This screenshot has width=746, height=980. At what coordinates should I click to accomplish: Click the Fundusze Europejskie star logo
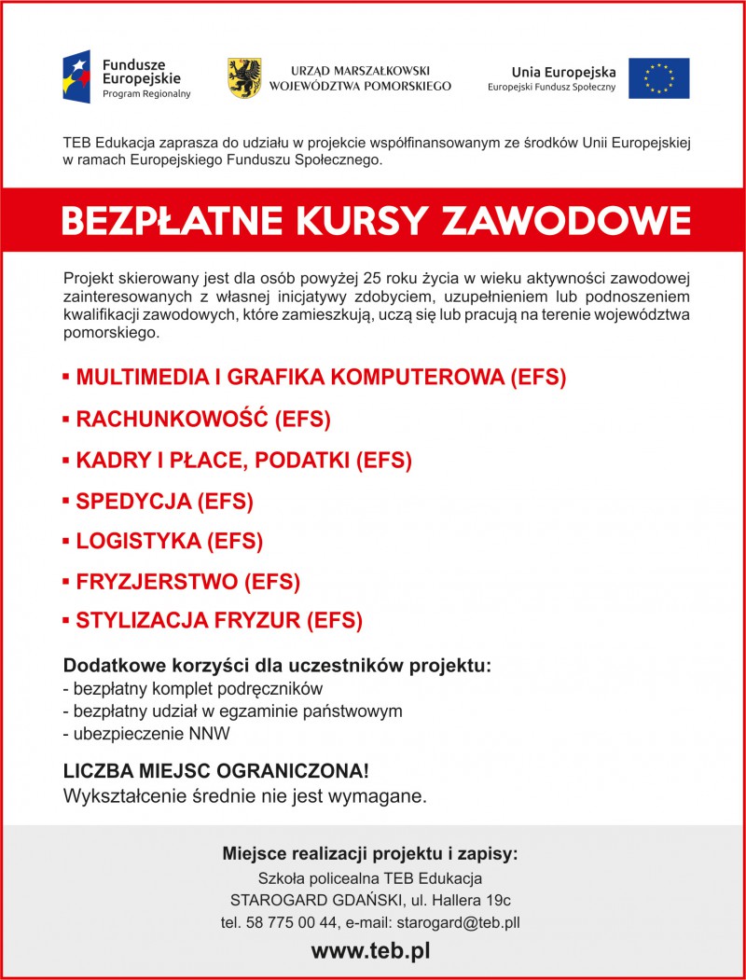[76, 77]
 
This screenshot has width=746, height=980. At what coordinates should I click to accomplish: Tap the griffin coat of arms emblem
[244, 78]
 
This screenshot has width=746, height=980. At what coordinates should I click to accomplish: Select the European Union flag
[658, 78]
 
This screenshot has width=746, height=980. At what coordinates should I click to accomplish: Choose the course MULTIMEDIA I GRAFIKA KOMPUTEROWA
[321, 378]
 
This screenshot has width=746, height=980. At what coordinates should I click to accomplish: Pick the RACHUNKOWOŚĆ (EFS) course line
[203, 420]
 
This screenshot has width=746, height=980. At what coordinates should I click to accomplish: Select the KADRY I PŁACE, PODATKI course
[243, 460]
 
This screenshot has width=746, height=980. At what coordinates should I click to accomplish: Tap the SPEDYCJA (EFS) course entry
[164, 501]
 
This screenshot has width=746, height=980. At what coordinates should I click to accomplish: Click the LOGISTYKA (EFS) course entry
[169, 541]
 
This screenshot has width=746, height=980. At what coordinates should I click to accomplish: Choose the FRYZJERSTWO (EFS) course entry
[187, 583]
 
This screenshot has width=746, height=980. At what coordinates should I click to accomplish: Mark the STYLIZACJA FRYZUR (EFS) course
[219, 621]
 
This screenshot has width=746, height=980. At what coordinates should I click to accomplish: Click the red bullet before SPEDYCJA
[66, 501]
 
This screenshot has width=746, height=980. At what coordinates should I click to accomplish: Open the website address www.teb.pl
[371, 952]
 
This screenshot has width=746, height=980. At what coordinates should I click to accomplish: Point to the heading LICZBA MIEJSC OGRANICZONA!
[215, 772]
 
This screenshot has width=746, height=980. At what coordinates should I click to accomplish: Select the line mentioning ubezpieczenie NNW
[145, 734]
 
